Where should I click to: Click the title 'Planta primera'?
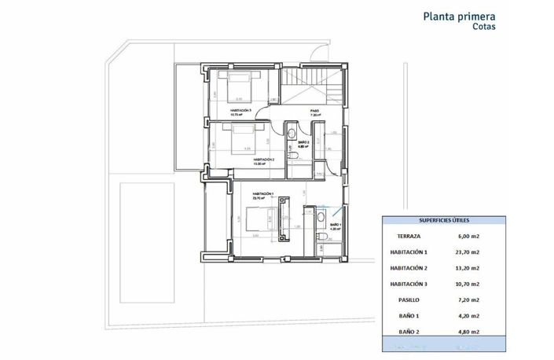point(460,15)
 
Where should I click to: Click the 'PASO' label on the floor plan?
point(314,111)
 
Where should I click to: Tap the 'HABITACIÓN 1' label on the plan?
point(262,193)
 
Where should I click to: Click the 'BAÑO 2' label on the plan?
point(303,142)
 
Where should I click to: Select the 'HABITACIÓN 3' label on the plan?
point(240,111)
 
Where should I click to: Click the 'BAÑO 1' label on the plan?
point(335,225)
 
